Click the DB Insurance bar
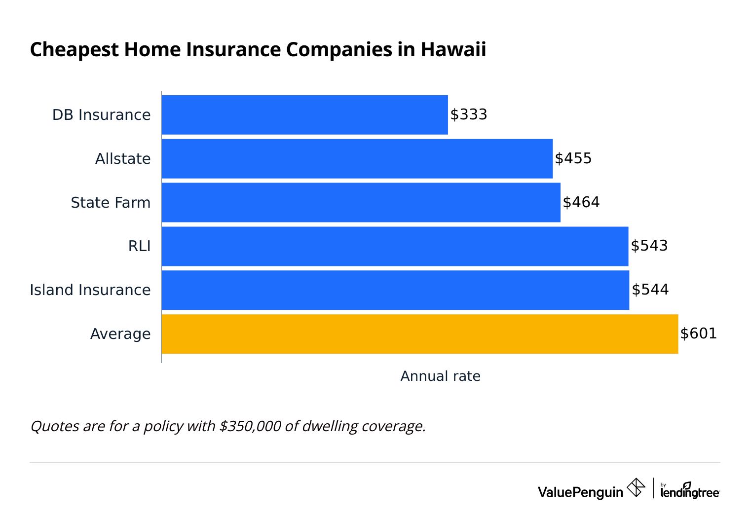(x=304, y=115)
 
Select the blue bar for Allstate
(x=357, y=159)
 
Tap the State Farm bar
(x=361, y=203)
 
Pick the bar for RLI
(x=395, y=246)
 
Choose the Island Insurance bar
(x=395, y=290)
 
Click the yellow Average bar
(x=419, y=334)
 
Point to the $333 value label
(x=468, y=114)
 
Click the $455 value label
(x=573, y=158)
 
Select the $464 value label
(x=581, y=202)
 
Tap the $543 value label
(x=649, y=246)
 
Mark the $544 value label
(x=650, y=290)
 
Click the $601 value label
(x=698, y=333)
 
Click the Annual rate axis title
(x=440, y=376)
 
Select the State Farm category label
(x=111, y=203)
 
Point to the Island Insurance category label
(x=90, y=290)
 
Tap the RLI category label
(x=139, y=246)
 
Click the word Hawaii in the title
(x=453, y=50)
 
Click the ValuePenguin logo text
(x=580, y=492)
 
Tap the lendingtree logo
(x=689, y=491)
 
